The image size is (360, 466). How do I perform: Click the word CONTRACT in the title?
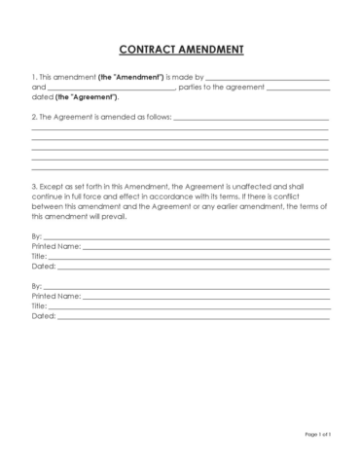[147, 49]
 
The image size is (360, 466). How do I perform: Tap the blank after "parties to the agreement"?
[297, 87]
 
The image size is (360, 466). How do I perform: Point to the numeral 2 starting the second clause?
[33, 117]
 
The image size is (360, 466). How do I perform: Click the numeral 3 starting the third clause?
[33, 185]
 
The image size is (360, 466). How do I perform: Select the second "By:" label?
[37, 287]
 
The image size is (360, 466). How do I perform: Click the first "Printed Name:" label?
[56, 247]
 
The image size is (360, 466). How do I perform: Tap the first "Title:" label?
[39, 257]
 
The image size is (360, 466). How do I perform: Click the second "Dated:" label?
[43, 316]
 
